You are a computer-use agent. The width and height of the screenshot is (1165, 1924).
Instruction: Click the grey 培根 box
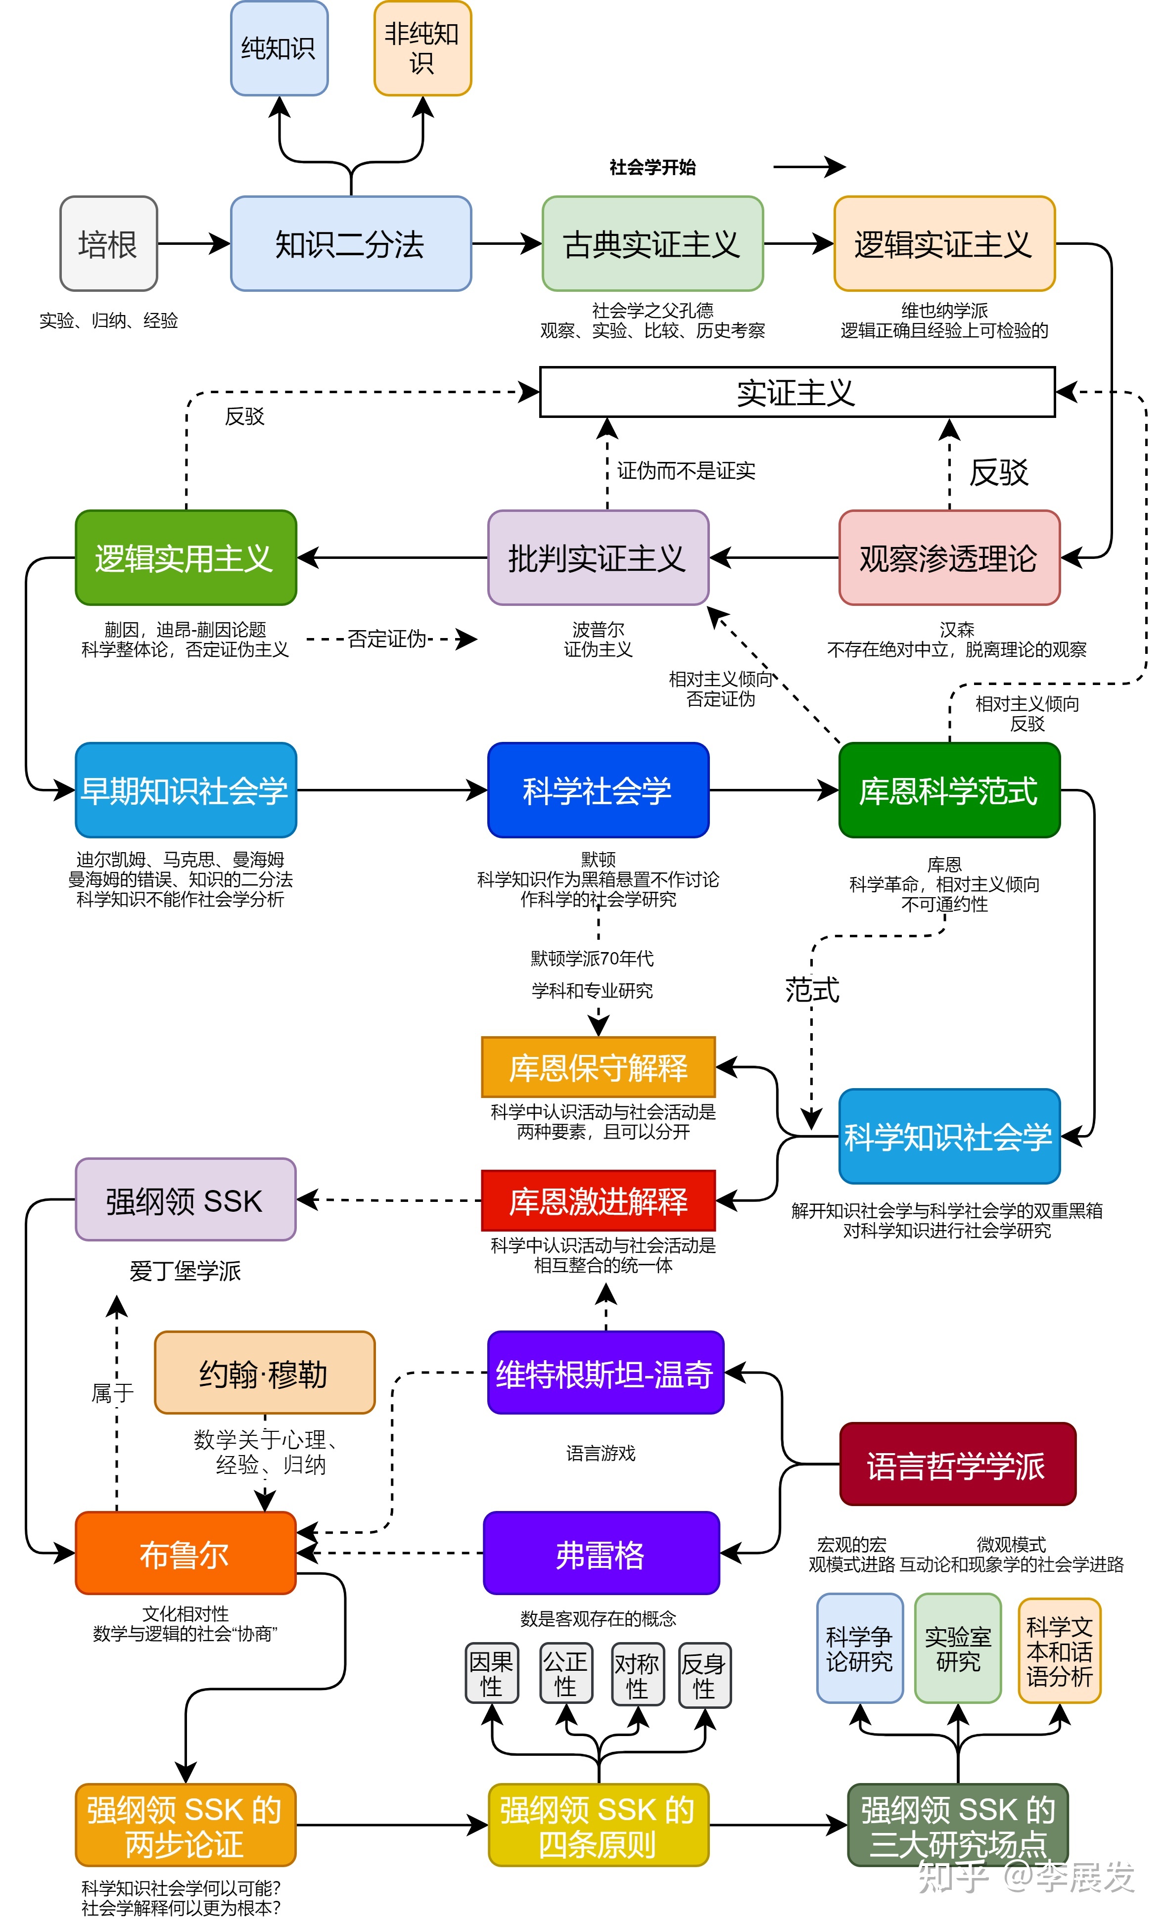[x=108, y=244]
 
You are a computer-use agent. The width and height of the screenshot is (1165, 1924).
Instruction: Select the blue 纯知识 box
[x=279, y=48]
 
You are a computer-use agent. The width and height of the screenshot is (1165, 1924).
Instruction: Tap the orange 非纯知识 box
[x=422, y=48]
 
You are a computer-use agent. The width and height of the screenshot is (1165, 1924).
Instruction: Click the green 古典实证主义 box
[x=652, y=244]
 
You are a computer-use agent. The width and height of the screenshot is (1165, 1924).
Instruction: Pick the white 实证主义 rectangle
[x=796, y=392]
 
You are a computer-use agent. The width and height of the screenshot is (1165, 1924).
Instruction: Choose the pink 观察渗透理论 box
[x=949, y=557]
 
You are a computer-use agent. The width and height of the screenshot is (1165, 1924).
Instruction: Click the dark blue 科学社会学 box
[x=597, y=790]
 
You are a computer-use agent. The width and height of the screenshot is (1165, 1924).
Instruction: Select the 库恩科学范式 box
[x=949, y=790]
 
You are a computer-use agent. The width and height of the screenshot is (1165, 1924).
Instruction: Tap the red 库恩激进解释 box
[x=598, y=1200]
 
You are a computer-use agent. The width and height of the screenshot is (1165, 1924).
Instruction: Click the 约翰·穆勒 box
[x=264, y=1373]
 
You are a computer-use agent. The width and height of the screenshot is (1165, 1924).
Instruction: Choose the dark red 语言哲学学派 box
[x=957, y=1464]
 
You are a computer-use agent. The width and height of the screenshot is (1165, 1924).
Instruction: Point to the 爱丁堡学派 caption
[x=185, y=1271]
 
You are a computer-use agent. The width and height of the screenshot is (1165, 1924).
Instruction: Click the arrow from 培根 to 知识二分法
[x=193, y=244]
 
